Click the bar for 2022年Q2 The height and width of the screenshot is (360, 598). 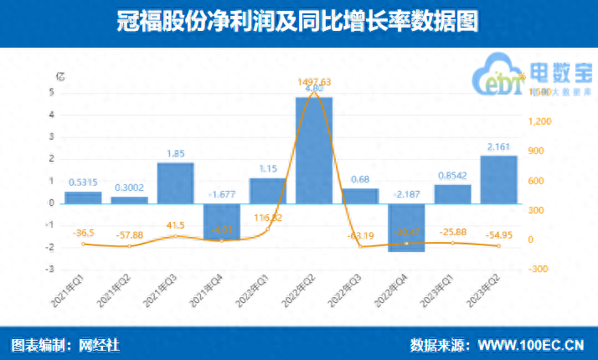click(x=313, y=151)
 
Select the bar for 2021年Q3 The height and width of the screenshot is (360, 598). click(x=176, y=183)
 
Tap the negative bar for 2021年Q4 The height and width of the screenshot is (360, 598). click(x=221, y=221)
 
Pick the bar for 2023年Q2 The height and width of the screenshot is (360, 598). click(x=498, y=179)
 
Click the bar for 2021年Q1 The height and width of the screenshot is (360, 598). click(x=83, y=198)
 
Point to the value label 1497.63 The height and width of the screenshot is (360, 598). click(x=313, y=81)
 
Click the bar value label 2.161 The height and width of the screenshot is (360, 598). click(x=498, y=148)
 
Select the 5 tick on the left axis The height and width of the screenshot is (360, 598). click(x=52, y=92)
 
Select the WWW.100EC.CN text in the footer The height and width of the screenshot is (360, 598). click(x=529, y=345)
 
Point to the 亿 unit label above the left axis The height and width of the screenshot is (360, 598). click(x=59, y=75)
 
